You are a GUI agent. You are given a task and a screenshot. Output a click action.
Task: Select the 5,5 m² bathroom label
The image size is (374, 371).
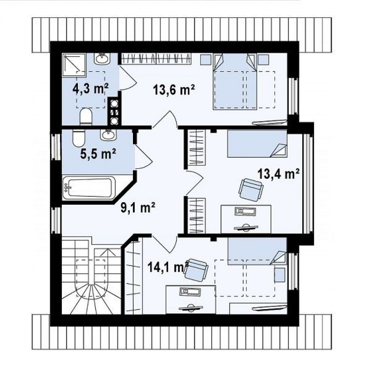click(98, 153)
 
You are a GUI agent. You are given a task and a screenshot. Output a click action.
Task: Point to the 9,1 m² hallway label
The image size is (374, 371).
click(138, 207)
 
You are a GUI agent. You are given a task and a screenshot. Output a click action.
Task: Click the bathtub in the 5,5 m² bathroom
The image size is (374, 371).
click(89, 188)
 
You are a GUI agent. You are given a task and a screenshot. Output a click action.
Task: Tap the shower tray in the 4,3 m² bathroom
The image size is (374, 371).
click(74, 65)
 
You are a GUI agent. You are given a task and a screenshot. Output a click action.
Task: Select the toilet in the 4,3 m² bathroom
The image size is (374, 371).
click(86, 117)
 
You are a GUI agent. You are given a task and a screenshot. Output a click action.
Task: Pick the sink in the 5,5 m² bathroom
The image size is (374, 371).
click(109, 135)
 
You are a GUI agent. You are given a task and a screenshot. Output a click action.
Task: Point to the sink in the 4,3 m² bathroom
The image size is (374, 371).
click(102, 59)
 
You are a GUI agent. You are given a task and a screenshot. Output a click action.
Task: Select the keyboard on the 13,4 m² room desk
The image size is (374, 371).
click(246, 210)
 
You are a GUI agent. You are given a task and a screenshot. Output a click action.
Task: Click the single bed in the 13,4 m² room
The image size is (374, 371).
click(257, 144)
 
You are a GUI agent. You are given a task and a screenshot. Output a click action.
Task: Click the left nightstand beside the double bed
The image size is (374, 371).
click(206, 60)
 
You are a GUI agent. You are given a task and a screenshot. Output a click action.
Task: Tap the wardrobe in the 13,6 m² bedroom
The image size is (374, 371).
click(156, 59)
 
